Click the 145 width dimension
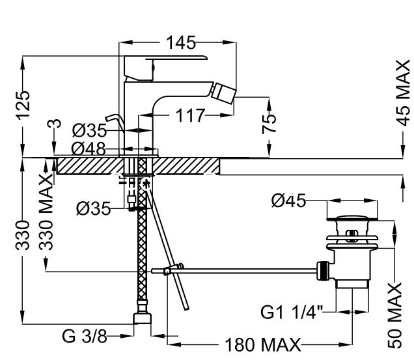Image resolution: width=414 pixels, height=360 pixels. tap(180, 43)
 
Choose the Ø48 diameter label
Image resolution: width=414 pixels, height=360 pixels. tap(89, 148)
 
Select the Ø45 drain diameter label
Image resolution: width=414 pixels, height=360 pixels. tap(288, 202)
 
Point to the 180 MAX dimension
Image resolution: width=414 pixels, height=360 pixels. tap(263, 344)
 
